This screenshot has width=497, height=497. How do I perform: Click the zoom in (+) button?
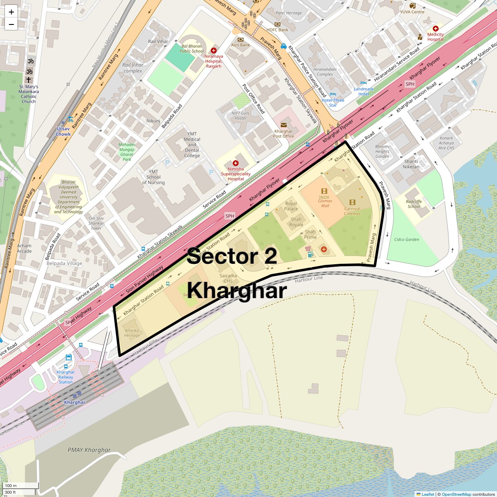pos(11,12)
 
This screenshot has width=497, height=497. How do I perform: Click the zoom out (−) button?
pos(11,24)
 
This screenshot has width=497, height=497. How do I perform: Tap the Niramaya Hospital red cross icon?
pos(214,51)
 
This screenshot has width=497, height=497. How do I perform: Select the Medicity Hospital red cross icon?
pos(435,29)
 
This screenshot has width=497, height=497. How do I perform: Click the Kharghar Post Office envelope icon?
pos(284,125)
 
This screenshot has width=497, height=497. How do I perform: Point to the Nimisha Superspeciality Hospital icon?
pos(236,163)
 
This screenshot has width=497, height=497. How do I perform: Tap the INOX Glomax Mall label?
pos(325,201)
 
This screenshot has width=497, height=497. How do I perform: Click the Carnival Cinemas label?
pos(352,211)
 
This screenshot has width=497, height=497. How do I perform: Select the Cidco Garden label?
pos(406,239)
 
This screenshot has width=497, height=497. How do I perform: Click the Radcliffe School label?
pos(414,204)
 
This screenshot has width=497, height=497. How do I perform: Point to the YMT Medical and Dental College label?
pos(192,145)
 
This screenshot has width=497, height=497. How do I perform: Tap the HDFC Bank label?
pos(277,30)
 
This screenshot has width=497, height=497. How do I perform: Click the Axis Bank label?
pos(240,45)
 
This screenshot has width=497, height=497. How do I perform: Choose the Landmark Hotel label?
pos(363,92)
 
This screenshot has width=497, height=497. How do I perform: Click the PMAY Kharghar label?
pos(89,450)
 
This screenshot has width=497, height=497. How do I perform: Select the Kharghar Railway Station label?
pos(65,377)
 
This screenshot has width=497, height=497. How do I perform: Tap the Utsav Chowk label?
pos(63,131)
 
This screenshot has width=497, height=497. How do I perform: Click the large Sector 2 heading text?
pos(232,256)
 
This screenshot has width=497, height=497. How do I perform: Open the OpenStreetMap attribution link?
pos(456,494)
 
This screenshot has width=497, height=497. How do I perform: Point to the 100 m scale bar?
pos(20,486)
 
